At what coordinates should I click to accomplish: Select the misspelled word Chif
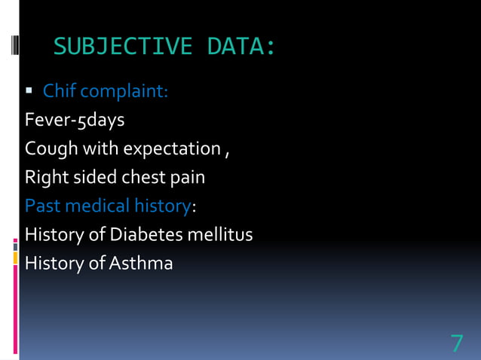[60, 92]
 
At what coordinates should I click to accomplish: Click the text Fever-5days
[75, 121]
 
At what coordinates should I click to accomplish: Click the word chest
[148, 178]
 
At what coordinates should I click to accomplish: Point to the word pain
[189, 178]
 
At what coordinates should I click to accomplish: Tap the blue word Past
[42, 206]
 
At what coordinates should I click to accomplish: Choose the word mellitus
[222, 235]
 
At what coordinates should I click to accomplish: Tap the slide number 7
[457, 343]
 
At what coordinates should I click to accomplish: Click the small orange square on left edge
[15, 258]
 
